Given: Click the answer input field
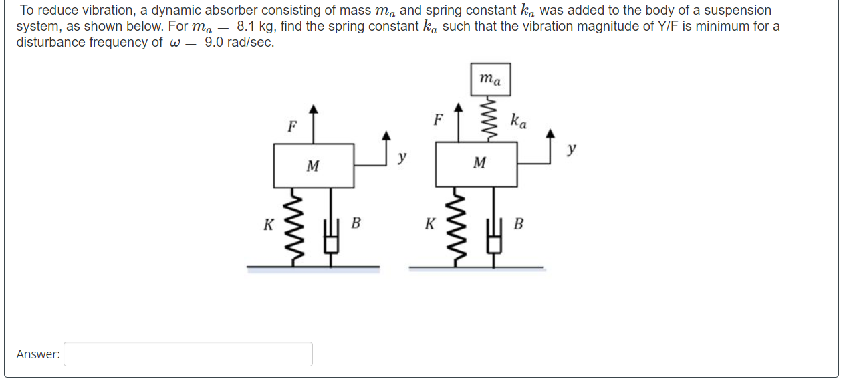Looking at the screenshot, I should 188,354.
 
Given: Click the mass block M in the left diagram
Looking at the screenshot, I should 314,165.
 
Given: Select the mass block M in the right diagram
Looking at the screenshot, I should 476,164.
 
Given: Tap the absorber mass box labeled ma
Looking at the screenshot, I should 490,79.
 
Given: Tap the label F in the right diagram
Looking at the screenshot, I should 438,120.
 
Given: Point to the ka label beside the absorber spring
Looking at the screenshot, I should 518,121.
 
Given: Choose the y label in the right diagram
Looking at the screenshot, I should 570,150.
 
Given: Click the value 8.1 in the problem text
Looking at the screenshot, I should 246,27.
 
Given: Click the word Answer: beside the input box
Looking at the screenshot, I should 38,354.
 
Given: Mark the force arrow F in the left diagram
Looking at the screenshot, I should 314,124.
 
